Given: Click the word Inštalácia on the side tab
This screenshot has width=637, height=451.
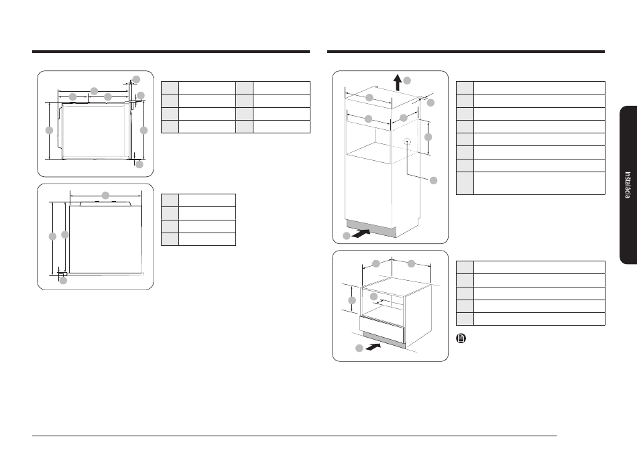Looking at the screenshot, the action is tap(628, 185).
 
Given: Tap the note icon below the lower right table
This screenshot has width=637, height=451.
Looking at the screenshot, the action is tap(461, 338).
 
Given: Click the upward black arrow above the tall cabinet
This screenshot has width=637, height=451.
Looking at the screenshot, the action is tap(398, 82).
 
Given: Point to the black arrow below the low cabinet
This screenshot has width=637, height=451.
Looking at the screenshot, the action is tap(373, 346).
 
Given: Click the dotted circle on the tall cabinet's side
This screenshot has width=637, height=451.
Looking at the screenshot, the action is tap(407, 141).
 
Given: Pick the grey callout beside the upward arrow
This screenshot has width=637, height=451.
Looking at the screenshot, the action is tap(406, 80).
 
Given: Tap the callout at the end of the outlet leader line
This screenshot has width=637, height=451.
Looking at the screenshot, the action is tap(433, 180).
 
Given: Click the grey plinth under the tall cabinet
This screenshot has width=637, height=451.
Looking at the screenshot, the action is tap(371, 228).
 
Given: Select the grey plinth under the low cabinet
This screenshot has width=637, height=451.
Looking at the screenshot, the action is tap(384, 340).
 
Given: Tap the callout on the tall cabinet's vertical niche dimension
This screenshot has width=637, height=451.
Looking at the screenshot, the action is tap(428, 137).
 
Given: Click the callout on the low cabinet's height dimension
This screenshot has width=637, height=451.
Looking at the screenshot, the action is tap(352, 300).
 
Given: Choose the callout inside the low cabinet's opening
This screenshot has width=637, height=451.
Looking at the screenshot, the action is tap(373, 297).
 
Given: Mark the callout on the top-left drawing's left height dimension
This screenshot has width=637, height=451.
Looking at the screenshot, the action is tap(49, 130).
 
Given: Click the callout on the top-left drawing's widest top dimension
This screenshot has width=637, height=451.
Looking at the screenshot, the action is tap(94, 91).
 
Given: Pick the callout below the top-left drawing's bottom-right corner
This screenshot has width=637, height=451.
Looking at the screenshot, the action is tap(139, 164).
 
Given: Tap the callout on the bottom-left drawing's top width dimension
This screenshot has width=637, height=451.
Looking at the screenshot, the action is tap(105, 195).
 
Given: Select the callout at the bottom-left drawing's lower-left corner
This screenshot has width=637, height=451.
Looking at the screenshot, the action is tap(63, 280).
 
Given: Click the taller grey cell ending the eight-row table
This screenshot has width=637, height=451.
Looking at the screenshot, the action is tap(465, 184).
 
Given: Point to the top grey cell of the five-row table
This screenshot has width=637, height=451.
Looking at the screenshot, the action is tap(465, 267).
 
